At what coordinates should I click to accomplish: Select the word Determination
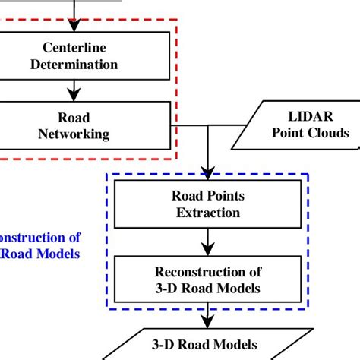point(73,65)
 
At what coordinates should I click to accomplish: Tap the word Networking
point(73,134)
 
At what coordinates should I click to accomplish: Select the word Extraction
point(207,213)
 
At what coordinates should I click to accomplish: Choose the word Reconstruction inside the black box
point(207,272)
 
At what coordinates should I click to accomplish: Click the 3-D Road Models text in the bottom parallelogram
point(207,343)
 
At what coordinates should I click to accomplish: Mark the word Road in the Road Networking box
point(73,118)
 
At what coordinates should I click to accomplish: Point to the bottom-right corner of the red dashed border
point(177,157)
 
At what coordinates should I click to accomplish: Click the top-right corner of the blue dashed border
point(309,173)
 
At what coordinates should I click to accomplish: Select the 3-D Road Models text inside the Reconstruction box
point(207,288)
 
